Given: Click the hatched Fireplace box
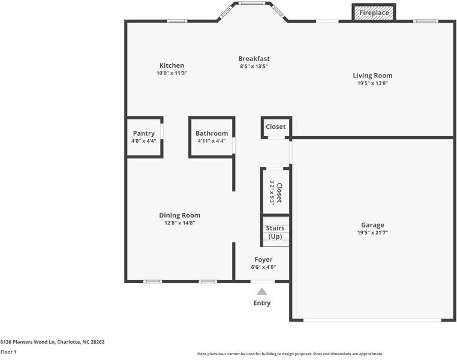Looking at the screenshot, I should [x=374, y=13].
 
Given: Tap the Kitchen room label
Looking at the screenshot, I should [x=172, y=65].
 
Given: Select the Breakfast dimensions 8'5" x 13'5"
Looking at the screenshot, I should [x=254, y=67].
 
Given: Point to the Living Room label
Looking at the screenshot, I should [x=372, y=76].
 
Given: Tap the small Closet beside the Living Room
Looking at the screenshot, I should [x=276, y=127].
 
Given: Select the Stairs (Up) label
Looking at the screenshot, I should [x=275, y=232].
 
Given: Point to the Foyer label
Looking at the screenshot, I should [x=263, y=260].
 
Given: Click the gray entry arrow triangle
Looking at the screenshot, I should [x=261, y=292].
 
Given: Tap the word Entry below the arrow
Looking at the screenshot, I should [x=261, y=303].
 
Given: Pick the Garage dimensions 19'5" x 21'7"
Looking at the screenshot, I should [x=372, y=233].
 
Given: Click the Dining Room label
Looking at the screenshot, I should [x=179, y=215].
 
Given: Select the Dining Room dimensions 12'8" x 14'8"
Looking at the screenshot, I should [x=179, y=223].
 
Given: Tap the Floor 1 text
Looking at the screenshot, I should [x=8, y=352].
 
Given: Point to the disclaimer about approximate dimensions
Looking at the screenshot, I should [x=290, y=354].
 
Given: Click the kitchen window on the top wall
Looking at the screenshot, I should [x=176, y=21].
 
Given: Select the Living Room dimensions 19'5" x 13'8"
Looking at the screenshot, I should [x=372, y=83].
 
